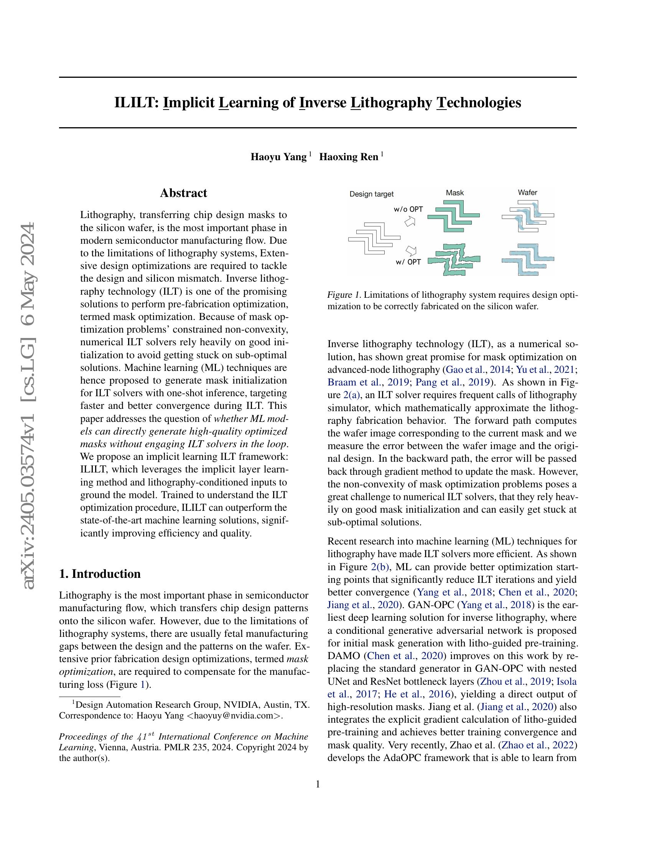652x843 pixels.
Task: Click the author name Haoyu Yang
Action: click(x=278, y=157)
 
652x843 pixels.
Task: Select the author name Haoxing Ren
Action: click(x=349, y=157)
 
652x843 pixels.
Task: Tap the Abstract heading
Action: click(x=183, y=193)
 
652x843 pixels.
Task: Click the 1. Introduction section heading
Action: click(x=100, y=574)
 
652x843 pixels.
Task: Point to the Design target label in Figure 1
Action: click(x=371, y=194)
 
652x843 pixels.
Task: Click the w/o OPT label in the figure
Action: click(x=408, y=209)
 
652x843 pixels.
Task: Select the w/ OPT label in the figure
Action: click(x=408, y=262)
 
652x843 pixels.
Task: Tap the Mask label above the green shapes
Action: click(x=454, y=193)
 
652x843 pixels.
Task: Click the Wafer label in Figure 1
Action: click(x=527, y=193)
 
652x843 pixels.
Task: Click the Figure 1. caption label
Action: click(x=344, y=295)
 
